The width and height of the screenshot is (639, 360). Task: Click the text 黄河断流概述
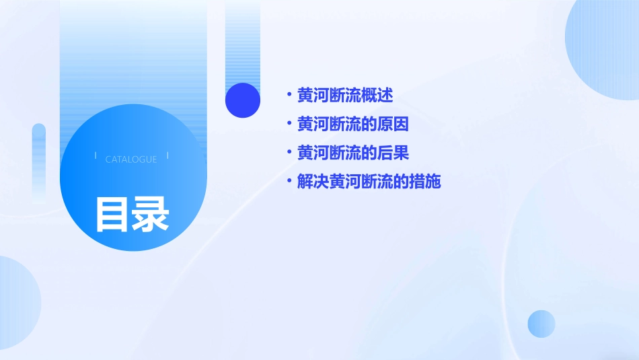tap(345, 96)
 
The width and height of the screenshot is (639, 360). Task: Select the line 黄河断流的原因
tap(353, 124)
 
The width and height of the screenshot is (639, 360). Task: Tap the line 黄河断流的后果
tap(353, 153)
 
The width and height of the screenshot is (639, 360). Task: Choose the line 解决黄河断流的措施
tap(369, 182)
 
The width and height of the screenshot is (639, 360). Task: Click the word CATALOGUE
tap(131, 159)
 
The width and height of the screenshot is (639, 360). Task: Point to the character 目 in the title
tap(112, 215)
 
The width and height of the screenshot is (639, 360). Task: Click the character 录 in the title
tap(150, 215)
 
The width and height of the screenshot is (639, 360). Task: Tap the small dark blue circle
tap(242, 100)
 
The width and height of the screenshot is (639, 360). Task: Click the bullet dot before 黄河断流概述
tap(289, 95)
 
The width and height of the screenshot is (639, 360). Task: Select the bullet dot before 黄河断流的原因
tap(289, 124)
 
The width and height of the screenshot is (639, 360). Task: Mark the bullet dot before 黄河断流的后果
tap(289, 153)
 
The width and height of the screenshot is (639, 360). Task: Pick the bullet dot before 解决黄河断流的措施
tap(289, 181)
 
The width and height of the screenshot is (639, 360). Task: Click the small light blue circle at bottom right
tap(541, 324)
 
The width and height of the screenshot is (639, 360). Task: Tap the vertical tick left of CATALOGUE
tap(96, 156)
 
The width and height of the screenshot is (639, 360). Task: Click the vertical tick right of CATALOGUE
tap(167, 156)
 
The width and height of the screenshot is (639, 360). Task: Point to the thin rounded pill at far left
tap(39, 161)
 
